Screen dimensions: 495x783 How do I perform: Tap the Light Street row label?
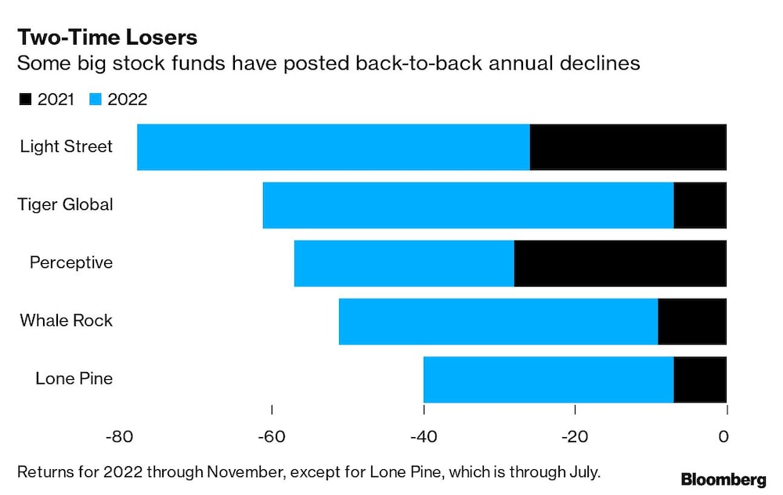(x=67, y=146)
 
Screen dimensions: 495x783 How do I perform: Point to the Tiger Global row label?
(x=66, y=204)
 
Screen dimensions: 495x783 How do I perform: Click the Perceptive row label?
(x=71, y=262)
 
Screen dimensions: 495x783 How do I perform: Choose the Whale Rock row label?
(x=67, y=320)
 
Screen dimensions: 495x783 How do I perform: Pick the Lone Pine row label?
(x=74, y=378)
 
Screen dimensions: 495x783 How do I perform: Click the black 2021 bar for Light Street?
(x=628, y=146)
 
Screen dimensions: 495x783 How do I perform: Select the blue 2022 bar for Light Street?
(x=333, y=146)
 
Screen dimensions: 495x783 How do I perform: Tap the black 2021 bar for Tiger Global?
(x=700, y=204)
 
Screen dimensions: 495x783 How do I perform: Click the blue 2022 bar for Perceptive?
(x=404, y=262)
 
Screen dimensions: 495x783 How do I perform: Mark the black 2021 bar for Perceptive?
(x=620, y=262)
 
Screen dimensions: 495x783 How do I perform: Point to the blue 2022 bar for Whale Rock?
(x=498, y=320)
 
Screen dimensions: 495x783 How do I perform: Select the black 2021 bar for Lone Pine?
(x=700, y=378)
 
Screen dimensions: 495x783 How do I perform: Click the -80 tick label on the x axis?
(x=117, y=435)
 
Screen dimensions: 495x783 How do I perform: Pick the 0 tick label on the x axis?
(x=725, y=435)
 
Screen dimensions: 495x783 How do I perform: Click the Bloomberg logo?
(x=723, y=479)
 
